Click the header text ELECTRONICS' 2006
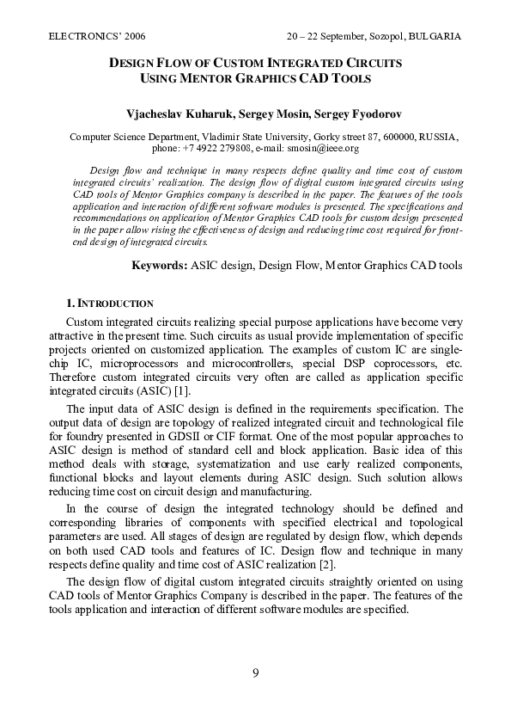click(x=97, y=37)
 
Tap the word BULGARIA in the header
click(x=435, y=37)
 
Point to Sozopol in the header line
click(x=378, y=37)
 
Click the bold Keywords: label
click(x=159, y=266)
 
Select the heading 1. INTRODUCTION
click(x=110, y=304)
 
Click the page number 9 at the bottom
click(x=255, y=672)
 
